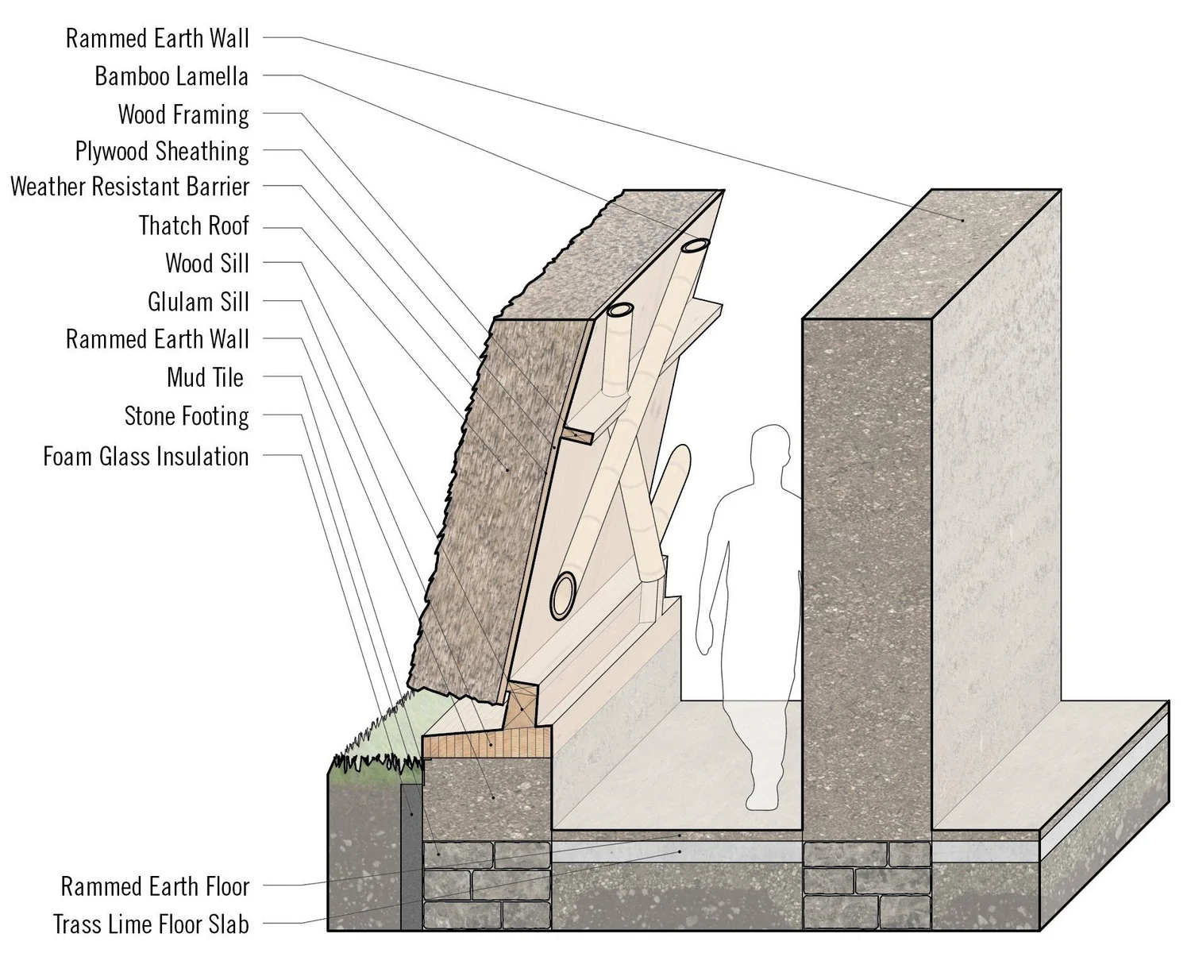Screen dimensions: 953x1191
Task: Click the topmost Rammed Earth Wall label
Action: point(157,38)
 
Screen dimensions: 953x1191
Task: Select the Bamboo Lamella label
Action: point(172,76)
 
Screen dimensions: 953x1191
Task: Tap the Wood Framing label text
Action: point(183,114)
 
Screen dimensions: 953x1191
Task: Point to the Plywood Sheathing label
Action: point(162,151)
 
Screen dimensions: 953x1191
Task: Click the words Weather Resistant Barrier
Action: point(130,187)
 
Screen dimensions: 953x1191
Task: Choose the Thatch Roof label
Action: point(194,226)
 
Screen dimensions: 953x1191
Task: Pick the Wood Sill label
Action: point(206,263)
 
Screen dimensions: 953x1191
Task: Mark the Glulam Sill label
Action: point(198,302)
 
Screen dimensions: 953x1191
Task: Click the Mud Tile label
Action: point(205,377)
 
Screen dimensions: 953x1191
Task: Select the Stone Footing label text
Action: point(187,416)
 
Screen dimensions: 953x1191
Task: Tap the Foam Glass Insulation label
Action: point(146,457)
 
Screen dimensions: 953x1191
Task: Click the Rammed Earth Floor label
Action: point(156,886)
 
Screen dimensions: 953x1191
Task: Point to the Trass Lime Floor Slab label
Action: point(151,924)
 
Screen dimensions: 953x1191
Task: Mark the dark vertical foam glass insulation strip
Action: point(410,858)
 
